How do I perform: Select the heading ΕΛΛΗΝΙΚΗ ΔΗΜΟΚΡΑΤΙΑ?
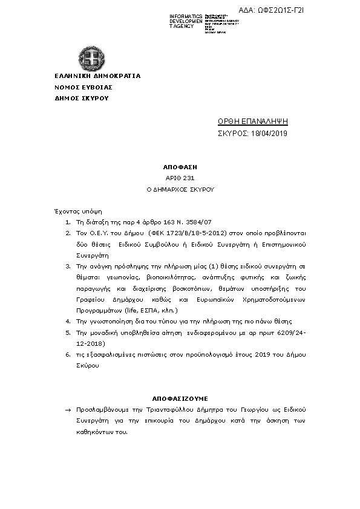coord(97,76)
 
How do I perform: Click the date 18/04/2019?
coord(269,133)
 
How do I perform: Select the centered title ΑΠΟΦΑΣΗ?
coord(180,166)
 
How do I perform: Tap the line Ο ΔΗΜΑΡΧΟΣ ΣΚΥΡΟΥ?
coord(180,189)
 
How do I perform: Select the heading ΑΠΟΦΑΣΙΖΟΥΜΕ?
coord(180,399)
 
